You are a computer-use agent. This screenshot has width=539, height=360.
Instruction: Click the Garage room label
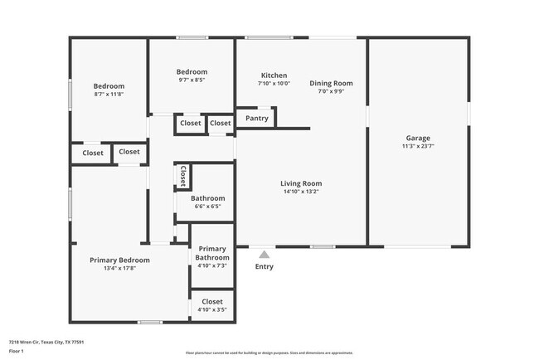418,138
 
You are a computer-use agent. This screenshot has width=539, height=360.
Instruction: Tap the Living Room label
301,183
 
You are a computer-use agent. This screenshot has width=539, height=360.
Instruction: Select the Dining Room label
332,83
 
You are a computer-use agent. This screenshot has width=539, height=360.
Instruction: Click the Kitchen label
274,75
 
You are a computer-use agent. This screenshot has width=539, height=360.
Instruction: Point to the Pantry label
257,119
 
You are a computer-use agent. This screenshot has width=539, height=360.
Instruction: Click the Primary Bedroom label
125,260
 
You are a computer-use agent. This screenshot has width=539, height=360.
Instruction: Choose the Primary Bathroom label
212,253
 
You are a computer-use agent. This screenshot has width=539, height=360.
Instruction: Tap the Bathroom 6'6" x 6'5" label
208,198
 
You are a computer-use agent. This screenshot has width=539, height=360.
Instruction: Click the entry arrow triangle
264,255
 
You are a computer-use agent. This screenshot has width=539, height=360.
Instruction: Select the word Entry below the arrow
264,266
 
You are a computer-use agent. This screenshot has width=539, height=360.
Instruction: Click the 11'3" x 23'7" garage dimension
418,146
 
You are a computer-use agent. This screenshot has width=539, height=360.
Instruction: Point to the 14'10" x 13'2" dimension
301,192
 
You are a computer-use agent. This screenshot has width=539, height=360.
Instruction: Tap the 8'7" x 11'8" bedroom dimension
109,95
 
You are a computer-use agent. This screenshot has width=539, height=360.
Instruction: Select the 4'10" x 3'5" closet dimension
212,309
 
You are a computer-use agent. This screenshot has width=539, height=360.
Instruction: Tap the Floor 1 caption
17,351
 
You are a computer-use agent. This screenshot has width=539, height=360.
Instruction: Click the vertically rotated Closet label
182,176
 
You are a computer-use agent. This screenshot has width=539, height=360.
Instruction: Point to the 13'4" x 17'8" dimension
125,268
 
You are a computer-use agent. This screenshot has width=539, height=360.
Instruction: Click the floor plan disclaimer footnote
269,353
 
